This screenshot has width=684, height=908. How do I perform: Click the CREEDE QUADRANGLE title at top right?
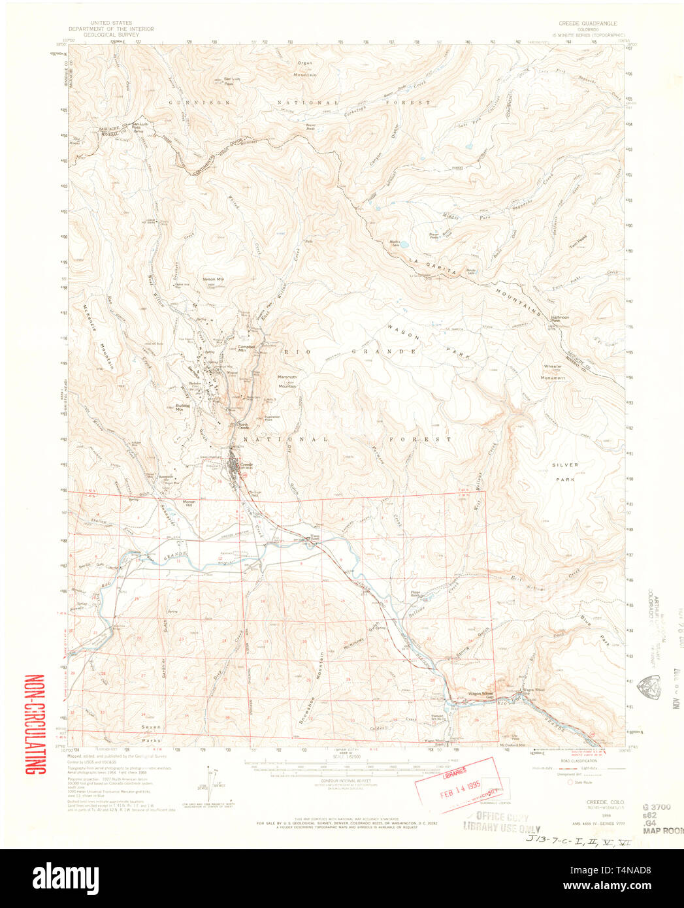(x=587, y=23)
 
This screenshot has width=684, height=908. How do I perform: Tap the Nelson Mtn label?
(x=213, y=279)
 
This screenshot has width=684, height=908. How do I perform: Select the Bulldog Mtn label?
(x=183, y=407)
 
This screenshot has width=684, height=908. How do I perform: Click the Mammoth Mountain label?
(x=287, y=381)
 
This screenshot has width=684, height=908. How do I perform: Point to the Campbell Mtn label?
(x=246, y=348)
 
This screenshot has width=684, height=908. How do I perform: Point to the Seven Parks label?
(x=150, y=733)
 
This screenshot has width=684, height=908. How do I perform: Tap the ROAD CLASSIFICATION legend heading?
(x=578, y=761)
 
